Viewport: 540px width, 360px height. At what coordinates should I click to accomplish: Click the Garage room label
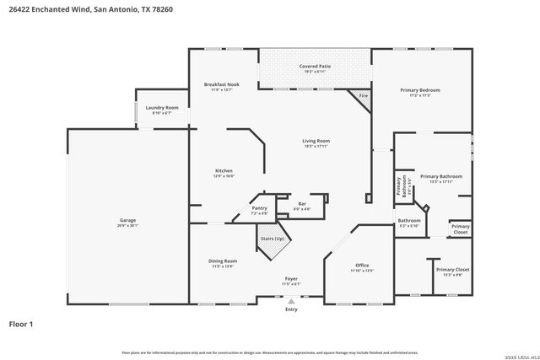(127, 220)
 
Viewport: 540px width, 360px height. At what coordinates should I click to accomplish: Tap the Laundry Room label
(161, 108)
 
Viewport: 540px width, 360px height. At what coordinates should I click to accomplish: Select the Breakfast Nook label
(221, 85)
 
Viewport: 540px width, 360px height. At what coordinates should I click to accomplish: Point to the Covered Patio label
(314, 66)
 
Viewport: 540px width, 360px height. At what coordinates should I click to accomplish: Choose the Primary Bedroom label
(419, 90)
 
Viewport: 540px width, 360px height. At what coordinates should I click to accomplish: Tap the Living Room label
(316, 141)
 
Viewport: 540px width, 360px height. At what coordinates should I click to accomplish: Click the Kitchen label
(224, 171)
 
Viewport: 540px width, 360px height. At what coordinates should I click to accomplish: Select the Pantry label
(259, 208)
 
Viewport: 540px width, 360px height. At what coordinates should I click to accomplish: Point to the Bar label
(302, 203)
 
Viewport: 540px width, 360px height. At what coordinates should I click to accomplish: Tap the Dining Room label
(223, 261)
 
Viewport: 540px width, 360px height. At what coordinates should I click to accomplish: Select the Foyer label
(290, 278)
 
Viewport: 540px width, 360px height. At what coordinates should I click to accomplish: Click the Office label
(362, 265)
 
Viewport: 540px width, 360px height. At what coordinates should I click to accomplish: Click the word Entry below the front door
(291, 309)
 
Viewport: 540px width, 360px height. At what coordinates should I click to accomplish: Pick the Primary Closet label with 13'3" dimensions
(456, 270)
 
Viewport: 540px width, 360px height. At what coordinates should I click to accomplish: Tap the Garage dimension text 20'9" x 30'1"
(127, 226)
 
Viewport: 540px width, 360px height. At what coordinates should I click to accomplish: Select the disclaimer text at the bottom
(270, 352)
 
